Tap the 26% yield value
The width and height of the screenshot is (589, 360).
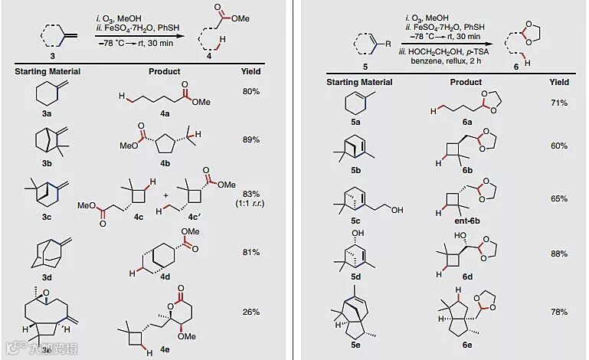(x=251, y=312)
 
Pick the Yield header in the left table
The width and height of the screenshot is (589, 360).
(x=251, y=72)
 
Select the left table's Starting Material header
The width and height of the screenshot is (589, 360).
(x=47, y=72)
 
